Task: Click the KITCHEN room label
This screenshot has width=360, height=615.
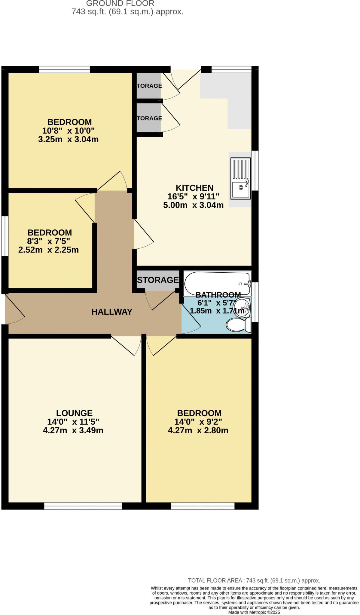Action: [194, 188]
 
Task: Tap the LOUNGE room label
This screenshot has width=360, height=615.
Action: [74, 413]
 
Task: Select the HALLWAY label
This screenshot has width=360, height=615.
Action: [112, 312]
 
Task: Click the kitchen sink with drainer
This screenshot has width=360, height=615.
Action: [240, 179]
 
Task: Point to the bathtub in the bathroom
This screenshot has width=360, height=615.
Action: [217, 283]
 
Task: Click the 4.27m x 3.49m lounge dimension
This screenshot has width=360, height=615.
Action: [73, 430]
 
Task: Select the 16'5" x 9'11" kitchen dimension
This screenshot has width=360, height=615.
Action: [193, 197]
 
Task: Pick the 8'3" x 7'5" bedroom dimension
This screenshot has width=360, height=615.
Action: [49, 241]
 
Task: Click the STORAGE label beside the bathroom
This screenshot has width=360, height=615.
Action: [158, 280]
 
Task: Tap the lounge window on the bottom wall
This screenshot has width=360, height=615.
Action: [83, 506]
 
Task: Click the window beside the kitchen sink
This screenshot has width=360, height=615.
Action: [255, 171]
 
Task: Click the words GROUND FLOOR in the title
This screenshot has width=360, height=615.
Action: [120, 4]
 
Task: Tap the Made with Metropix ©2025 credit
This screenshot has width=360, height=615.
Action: [254, 612]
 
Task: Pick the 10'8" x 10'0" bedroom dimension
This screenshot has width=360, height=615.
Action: [69, 131]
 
